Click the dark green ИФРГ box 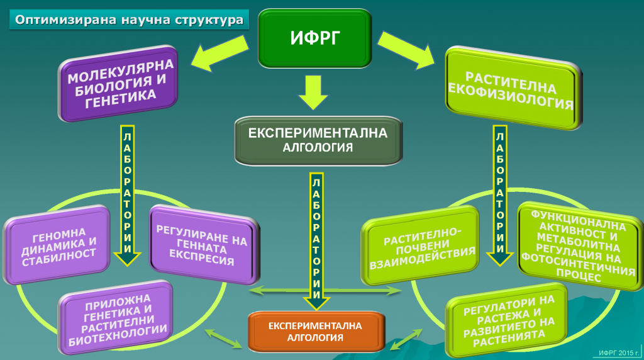click(315, 38)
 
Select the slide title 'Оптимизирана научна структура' click(129, 20)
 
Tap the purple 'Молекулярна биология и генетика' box click(119, 84)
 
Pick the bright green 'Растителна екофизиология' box click(513, 88)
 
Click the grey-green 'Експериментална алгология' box click(318, 140)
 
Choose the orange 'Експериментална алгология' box click(316, 332)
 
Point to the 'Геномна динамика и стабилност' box click(57, 245)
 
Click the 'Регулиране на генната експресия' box click(204, 245)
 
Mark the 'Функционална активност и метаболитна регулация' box click(579, 245)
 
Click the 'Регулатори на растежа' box click(508, 320)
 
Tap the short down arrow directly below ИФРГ click(313, 93)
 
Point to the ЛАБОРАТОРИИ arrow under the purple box click(127, 195)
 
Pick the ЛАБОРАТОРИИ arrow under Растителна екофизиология click(500, 195)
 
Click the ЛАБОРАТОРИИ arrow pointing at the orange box click(316, 241)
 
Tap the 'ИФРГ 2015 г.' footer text click(619, 352)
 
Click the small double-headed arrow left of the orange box click(224, 338)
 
